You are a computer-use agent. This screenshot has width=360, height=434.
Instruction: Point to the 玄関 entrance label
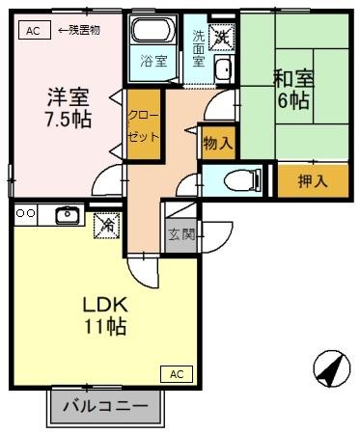point(179,234)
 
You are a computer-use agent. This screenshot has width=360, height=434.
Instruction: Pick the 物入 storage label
point(217,143)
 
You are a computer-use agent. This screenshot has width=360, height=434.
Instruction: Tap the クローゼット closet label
point(142,123)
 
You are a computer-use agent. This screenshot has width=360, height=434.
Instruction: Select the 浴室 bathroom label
point(152,61)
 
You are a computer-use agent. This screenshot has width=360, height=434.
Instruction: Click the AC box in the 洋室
point(33,30)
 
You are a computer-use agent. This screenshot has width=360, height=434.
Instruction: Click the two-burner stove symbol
point(25,213)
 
